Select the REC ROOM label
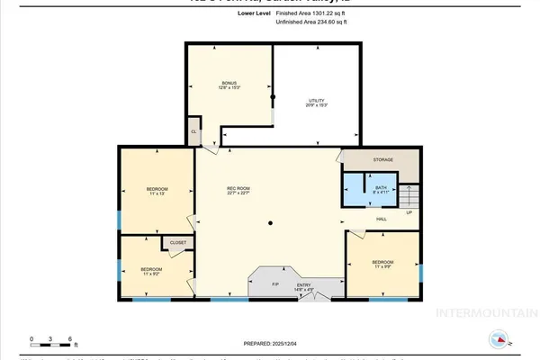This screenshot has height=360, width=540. [x=238, y=190]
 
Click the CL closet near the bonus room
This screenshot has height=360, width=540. [x=193, y=131]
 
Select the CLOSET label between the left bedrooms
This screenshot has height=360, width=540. [x=177, y=241]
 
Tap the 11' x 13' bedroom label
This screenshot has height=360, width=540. [x=157, y=191]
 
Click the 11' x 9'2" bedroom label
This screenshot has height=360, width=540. [x=151, y=271]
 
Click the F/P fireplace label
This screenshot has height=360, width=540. [x=276, y=284]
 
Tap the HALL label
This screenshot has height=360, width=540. [x=382, y=219]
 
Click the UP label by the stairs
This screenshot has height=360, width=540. [x=409, y=213]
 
